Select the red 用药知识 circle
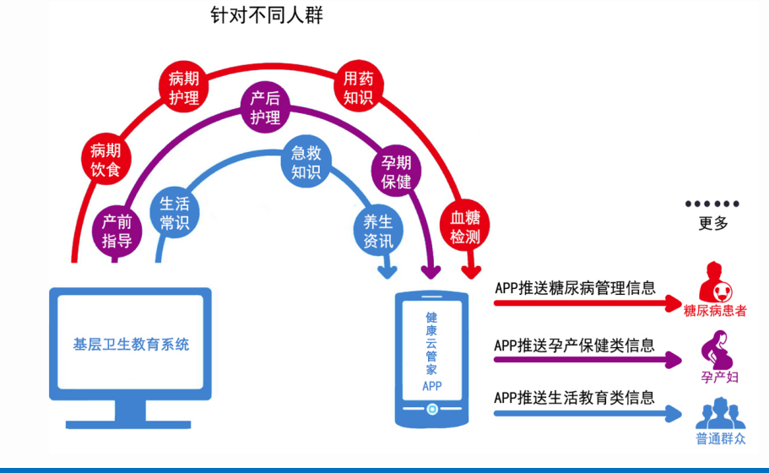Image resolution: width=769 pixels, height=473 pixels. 358,88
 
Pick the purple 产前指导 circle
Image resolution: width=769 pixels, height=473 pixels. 116,231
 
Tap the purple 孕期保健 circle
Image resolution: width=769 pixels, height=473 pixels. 395,172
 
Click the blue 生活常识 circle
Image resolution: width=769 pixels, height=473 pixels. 174,213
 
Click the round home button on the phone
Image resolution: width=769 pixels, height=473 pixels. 431,410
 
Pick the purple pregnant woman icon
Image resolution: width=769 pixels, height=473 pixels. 718,349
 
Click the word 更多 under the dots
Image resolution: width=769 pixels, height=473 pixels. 713,224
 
